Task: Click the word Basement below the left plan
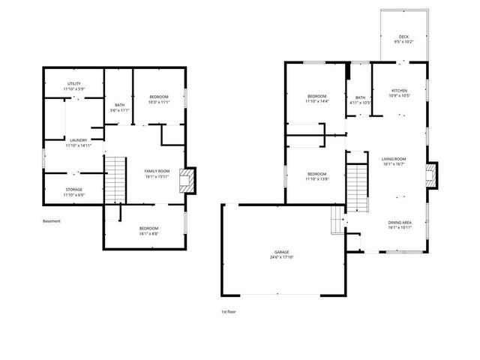[52, 221]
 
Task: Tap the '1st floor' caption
[229, 311]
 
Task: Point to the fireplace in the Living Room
[430, 176]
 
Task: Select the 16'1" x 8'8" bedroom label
[148, 231]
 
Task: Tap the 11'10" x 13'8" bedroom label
[317, 176]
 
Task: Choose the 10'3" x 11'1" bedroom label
[158, 98]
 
